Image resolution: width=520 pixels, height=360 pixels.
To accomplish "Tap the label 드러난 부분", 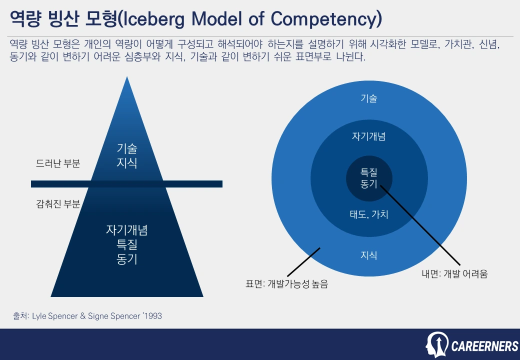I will (58, 163).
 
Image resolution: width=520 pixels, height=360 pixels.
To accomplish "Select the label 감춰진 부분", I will (58, 204).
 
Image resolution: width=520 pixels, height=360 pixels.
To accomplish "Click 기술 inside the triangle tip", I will (127, 148).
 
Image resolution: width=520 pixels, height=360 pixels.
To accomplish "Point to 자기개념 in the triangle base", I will (127, 230).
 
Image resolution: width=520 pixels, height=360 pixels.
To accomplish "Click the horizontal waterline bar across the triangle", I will (126, 184).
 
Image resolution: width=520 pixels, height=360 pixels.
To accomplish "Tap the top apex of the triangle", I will (127, 78).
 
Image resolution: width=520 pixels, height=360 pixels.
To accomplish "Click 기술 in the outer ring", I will (369, 98).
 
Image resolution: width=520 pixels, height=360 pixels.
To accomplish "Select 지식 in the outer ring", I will (369, 255).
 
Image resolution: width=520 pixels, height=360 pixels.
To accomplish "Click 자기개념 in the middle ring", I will (369, 136).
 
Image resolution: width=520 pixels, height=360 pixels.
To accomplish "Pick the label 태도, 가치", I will (369, 215).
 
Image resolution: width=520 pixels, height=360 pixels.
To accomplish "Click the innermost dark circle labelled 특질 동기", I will (369, 177).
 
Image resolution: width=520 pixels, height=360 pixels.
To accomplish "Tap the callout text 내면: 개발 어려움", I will (454, 273).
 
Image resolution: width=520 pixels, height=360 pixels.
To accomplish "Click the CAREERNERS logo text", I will (485, 345).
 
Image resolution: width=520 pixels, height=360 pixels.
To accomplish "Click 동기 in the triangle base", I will (127, 259).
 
